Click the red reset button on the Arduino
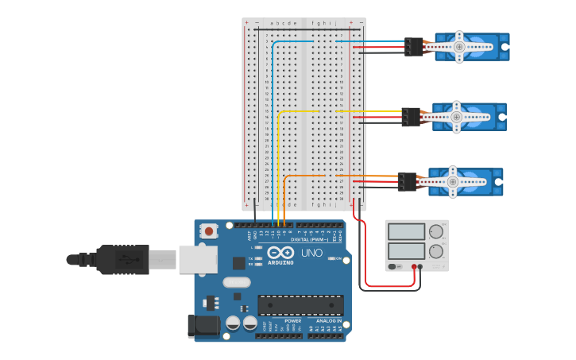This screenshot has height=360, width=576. point(209,231)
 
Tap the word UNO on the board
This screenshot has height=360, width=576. point(311,254)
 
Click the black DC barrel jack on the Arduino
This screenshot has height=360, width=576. point(203,326)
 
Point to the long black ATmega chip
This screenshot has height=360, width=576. point(300,305)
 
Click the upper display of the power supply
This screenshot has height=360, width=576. point(407,232)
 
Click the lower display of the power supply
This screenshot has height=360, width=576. point(407,252)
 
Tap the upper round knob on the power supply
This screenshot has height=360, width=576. point(435,232)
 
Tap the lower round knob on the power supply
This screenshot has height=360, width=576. point(435,252)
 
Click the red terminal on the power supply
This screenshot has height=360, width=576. point(414,267)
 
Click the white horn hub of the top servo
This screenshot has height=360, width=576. point(459,47)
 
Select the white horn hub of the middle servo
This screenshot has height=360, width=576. point(456,117)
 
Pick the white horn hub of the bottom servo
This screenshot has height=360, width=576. point(453,181)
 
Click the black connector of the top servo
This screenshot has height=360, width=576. point(413,47)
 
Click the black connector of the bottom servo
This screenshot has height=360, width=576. point(407,182)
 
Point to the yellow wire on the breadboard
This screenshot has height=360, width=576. point(298,112)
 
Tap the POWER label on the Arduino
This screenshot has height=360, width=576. point(282,321)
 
